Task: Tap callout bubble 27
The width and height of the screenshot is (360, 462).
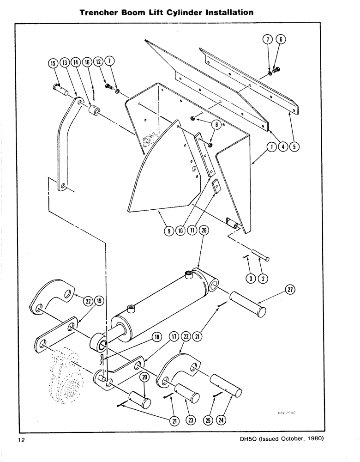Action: pos(290,290)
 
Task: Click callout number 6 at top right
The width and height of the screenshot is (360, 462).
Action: pos(279,40)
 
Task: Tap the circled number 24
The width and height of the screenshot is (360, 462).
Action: pos(222,420)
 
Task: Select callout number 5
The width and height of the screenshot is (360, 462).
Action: pos(294,147)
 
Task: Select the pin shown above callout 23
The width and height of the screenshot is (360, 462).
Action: pos(186,392)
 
